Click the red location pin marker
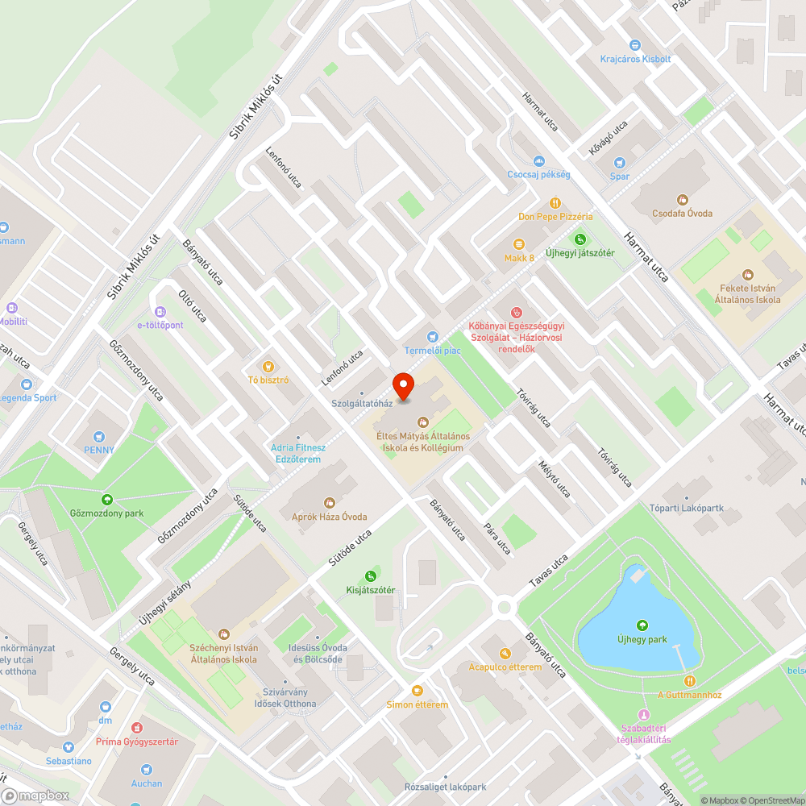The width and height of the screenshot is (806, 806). click(x=402, y=386)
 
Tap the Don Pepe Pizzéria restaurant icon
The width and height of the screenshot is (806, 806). click(x=555, y=202)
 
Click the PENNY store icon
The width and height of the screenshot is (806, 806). click(x=98, y=436)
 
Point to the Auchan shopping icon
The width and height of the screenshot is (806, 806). click(x=146, y=769)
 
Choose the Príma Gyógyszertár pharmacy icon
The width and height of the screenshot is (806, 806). click(x=137, y=727)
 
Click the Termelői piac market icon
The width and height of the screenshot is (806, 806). click(x=432, y=336)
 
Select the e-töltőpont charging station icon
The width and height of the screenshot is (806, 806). click(x=160, y=311)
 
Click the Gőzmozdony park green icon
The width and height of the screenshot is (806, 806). click(x=106, y=499)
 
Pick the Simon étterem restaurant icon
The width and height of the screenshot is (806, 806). click(x=417, y=690)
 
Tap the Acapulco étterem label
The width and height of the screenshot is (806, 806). click(x=505, y=667)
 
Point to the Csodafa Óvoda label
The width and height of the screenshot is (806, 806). click(x=682, y=214)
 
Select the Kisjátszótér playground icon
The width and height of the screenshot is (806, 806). click(x=370, y=575)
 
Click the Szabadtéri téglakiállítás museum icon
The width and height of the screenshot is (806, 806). click(x=643, y=715)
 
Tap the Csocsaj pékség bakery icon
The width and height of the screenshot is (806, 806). click(x=538, y=161)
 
